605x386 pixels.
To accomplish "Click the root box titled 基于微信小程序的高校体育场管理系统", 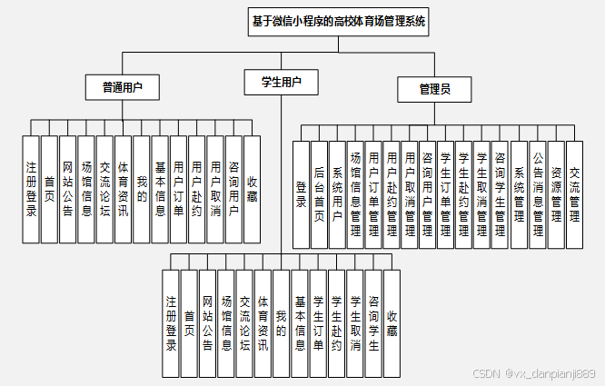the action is coord(338,22).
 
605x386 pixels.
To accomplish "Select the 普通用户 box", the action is coord(123,87).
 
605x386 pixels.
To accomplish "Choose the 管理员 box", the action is coord(433,89).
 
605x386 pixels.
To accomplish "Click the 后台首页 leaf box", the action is coord(319,193).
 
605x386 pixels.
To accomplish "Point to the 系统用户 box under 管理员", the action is coord(337,193).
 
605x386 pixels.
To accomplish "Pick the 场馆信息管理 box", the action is coord(355,193).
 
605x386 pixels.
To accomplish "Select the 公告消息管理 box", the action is coord(538,193).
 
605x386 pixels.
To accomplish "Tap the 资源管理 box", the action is coord(556,193).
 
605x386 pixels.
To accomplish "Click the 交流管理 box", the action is coord(574,193).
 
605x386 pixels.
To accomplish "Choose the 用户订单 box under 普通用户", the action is coord(178,189).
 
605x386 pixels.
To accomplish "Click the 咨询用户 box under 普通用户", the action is coord(233,189).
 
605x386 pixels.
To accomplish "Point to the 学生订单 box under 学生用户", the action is coord(318,322).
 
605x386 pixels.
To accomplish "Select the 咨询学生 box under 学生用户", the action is coord(373,322).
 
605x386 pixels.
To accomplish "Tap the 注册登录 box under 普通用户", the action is coord(31,189).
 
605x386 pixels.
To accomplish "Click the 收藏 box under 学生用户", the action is coord(392,322).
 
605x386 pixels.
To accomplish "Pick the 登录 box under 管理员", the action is coord(301,193).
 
